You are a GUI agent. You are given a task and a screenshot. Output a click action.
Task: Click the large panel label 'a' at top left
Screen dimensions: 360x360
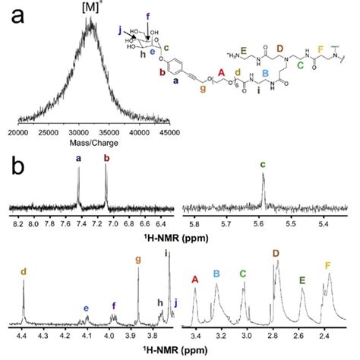pos(17,15)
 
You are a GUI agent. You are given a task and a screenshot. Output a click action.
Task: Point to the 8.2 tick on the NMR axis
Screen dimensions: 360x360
pos(17,223)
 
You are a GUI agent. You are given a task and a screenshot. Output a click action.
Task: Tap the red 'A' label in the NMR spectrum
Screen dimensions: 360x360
pos(195,279)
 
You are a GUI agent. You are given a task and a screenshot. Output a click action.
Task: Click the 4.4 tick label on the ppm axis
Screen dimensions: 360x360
pos(22,333)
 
